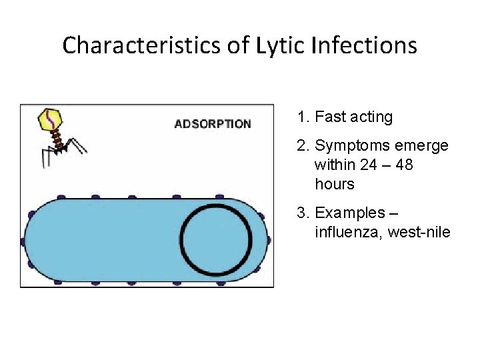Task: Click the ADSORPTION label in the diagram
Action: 213,124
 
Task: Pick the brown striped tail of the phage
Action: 59,139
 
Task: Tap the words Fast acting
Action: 353,117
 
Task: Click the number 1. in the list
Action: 304,117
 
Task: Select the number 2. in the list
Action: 304,145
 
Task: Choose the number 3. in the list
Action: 304,213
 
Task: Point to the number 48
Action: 404,164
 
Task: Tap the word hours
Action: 334,183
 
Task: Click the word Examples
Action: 351,213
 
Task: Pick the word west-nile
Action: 418,233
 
